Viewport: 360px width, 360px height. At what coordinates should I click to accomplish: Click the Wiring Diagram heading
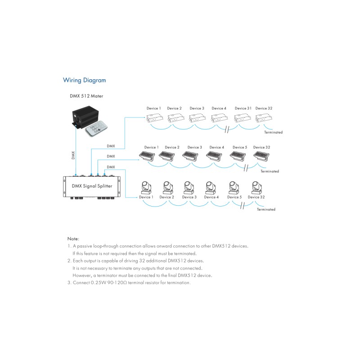pos(84,81)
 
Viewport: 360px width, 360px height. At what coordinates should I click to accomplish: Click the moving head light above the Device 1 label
pos(146,188)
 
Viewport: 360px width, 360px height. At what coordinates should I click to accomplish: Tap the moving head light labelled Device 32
pos(257,188)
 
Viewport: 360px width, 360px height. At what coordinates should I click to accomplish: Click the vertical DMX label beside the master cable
pos(73,155)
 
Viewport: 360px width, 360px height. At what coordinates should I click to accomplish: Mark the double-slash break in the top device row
pos(227,130)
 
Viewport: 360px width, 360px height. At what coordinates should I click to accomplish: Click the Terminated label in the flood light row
pos(270,171)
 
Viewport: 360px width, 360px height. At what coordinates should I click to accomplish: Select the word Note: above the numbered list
pos(73,238)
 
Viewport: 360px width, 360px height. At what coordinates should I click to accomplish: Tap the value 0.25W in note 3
pos(98,283)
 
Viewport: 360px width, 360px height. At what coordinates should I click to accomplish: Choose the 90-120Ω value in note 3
pos(117,283)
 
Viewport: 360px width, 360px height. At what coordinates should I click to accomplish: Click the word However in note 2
pos(81,275)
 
